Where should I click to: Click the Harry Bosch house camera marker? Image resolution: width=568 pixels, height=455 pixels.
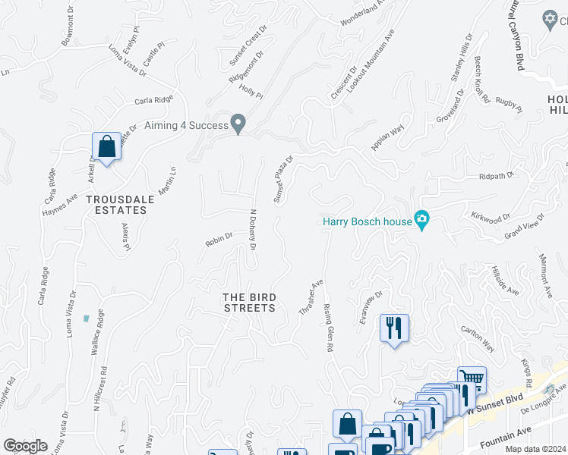pyautogui.click(x=423, y=221)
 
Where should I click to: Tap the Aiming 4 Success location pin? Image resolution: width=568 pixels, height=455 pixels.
pyautogui.click(x=238, y=123)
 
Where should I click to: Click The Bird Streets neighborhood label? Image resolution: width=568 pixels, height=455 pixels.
pyautogui.click(x=248, y=302)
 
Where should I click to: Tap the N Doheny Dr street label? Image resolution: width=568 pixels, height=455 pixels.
pyautogui.click(x=252, y=231)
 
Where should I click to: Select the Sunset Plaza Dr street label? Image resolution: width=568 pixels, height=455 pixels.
pyautogui.click(x=283, y=180)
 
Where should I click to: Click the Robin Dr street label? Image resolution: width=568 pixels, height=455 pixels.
pyautogui.click(x=218, y=242)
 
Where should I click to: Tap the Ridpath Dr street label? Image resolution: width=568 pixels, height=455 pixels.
pyautogui.click(x=497, y=175)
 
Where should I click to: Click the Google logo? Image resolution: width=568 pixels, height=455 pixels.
pyautogui.click(x=26, y=446)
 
